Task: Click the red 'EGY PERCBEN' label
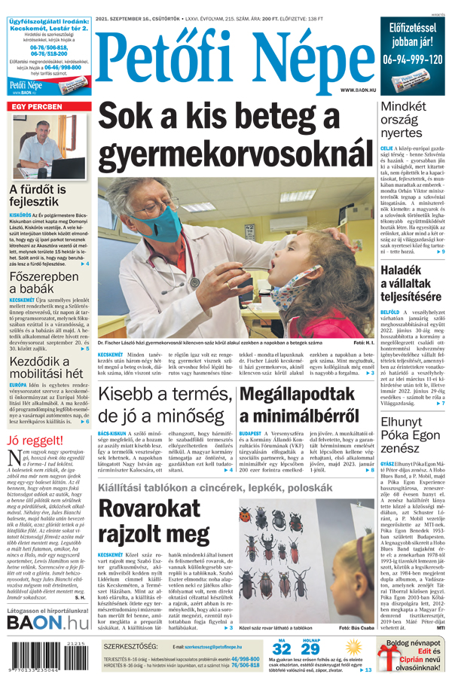pyautogui.click(x=36, y=107)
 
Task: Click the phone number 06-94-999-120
pyautogui.click(x=412, y=59)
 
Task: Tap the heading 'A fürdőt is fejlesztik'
pyautogui.click(x=44, y=196)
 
